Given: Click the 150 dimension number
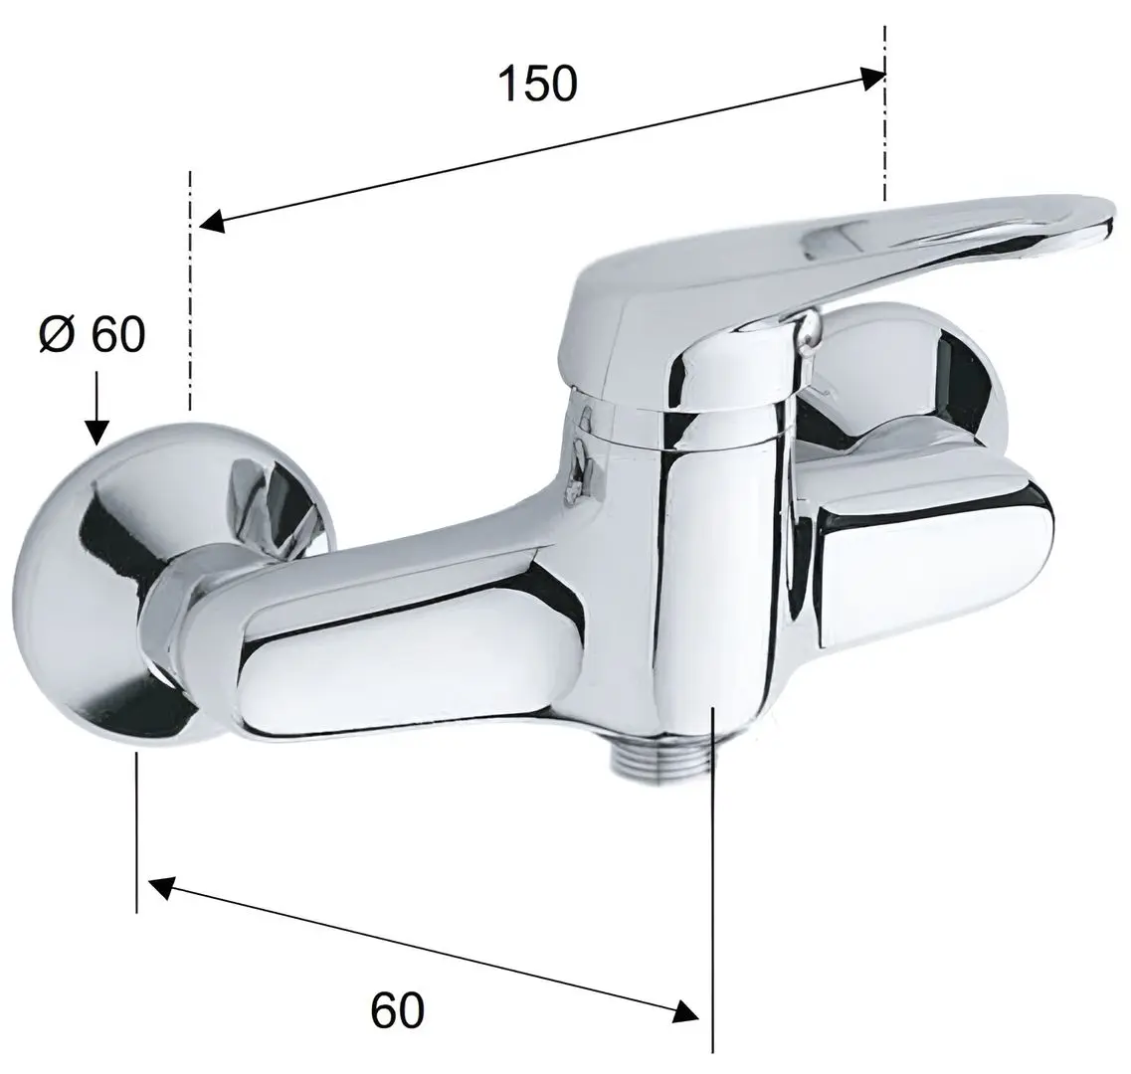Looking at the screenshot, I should (x=537, y=84).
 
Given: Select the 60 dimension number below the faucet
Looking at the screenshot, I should (x=398, y=1010).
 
